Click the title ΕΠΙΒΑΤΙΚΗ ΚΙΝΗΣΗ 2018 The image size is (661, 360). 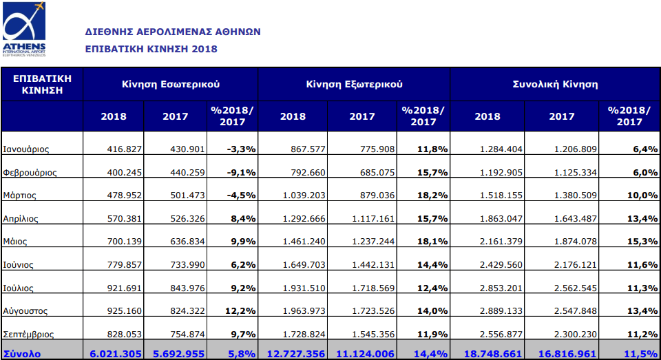pos(151,49)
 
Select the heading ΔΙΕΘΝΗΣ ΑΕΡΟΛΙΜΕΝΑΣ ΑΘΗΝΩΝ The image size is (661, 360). pos(173,32)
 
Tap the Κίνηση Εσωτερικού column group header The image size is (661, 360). pos(171,84)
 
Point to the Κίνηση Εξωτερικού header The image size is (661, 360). pos(354,84)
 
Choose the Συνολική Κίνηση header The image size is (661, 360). pos(555,84)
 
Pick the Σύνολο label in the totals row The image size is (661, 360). pos(22,354)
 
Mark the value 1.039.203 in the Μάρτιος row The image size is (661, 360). pos(304,195)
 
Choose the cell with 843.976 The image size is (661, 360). pos(187,288)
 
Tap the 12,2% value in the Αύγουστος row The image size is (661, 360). pos(240,310)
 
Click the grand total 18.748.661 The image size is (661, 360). pos(492,354)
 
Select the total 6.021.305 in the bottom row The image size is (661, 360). pos(116,354)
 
